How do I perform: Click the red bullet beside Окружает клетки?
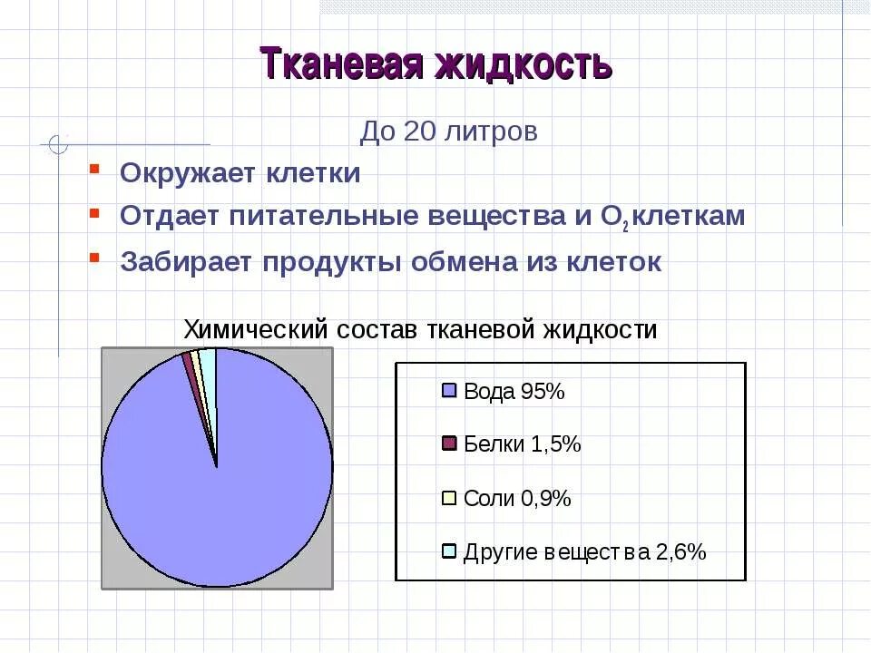94,168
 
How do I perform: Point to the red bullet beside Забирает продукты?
94,258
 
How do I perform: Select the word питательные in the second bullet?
346,217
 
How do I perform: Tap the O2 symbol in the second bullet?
613,218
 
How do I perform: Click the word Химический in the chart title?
255,329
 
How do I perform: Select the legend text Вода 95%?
514,392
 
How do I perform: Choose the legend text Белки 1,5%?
522,444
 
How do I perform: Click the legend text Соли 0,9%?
516,498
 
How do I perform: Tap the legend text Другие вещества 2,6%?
584,551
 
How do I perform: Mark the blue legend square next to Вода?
448,391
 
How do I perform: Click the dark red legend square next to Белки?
448,443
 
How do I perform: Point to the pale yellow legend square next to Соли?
448,497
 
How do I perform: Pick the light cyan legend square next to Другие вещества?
448,551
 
